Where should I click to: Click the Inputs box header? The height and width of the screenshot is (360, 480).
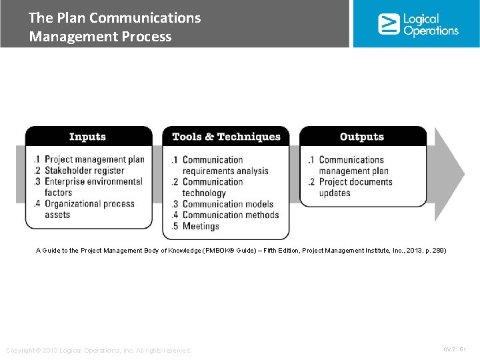tap(88, 137)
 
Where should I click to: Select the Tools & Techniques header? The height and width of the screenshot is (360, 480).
tap(226, 137)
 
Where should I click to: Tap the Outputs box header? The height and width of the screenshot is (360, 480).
tap(362, 137)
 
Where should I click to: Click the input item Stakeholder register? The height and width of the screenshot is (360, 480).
tap(84, 171)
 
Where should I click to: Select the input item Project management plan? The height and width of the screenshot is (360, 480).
tap(94, 160)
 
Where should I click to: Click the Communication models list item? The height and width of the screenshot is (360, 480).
tap(227, 204)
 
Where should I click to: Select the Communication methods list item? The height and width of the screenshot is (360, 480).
tap(230, 215)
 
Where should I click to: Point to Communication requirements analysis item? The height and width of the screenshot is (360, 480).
tap(225, 165)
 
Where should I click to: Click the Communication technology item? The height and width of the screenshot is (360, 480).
tap(212, 187)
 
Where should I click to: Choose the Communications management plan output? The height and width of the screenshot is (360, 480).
tap(352, 165)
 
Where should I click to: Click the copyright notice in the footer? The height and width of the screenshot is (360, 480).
tap(99, 351)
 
